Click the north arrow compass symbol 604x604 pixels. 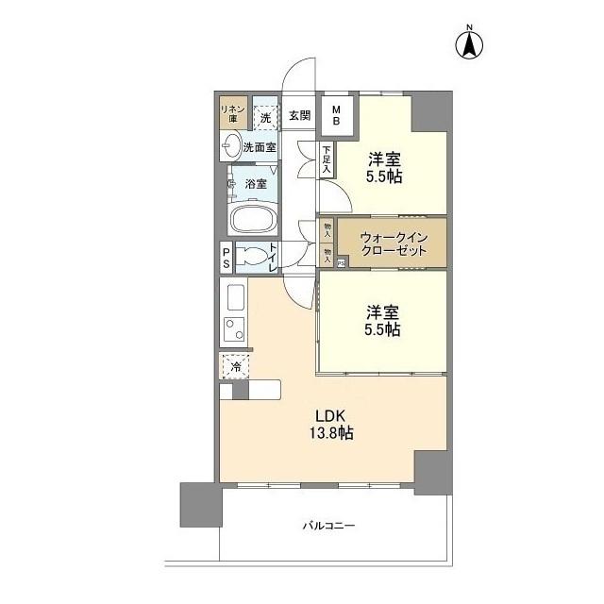pos(469,43)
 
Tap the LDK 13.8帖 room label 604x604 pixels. pos(328,425)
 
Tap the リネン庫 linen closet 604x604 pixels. pos(233,114)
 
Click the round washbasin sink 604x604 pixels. pos(232,145)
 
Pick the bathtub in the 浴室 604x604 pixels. pos(253,220)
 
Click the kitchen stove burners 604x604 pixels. pos(233,329)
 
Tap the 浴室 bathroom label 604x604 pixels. pos(255,183)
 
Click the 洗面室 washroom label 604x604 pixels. pos(260,146)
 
